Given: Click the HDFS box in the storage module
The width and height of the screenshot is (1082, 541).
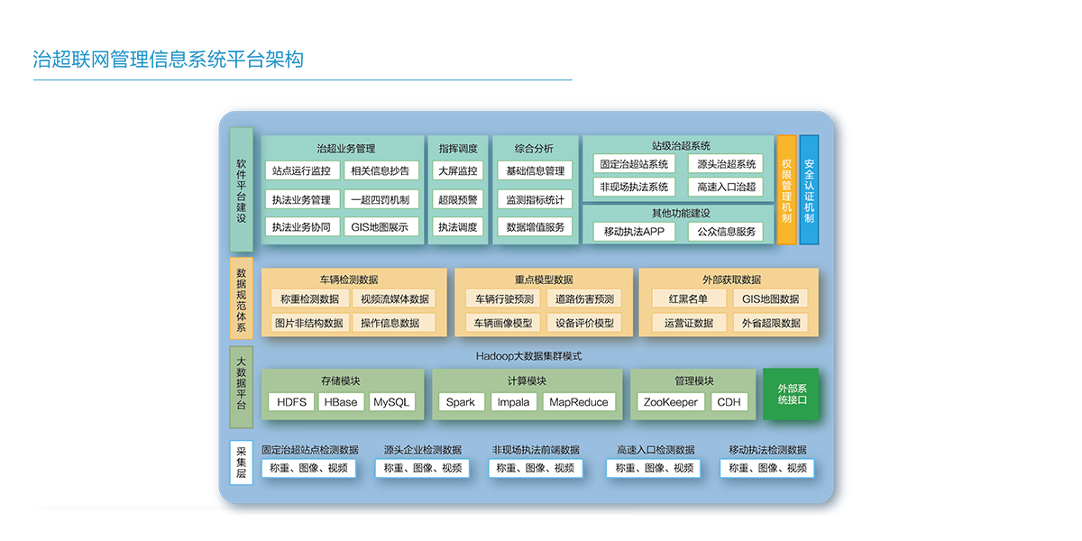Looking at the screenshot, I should [x=291, y=402].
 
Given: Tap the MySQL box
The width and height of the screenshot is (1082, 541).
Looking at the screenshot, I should [x=391, y=402].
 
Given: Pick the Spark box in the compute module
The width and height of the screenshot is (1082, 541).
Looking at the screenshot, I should [x=460, y=402].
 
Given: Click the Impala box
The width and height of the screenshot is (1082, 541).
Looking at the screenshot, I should [x=514, y=402].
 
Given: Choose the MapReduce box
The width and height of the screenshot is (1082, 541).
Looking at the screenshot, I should [x=579, y=402].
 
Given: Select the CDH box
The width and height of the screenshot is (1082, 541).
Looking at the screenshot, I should [x=729, y=402].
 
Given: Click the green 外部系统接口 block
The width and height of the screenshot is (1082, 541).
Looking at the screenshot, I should [x=791, y=394].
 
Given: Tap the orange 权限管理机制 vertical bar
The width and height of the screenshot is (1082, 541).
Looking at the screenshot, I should [x=786, y=189].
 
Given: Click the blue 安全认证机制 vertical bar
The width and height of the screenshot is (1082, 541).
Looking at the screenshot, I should [x=809, y=189].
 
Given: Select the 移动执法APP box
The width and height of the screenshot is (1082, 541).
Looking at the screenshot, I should [x=634, y=232].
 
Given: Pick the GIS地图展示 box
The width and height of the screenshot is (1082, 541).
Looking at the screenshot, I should [x=379, y=227].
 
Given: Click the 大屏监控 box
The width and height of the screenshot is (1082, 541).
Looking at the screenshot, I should [x=457, y=170].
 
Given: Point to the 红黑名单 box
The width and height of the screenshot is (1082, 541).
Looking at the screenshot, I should [x=688, y=299].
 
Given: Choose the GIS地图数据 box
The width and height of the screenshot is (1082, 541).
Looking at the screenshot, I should [x=770, y=299].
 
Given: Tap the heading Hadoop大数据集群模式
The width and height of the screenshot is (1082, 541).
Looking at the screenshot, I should [x=528, y=356].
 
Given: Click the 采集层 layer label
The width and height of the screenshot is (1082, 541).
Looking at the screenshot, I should [x=241, y=462].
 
